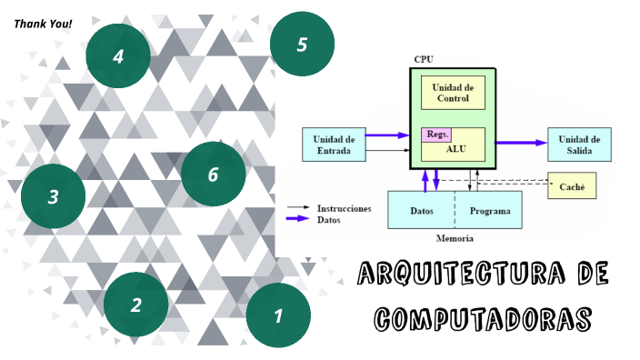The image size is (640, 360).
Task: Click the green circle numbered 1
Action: point(278,315)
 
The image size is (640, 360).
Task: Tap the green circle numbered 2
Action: point(135,305)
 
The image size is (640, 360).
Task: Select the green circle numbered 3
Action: point(53,195)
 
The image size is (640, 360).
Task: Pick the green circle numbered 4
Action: point(117,56)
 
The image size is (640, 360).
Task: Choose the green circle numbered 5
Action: point(302,45)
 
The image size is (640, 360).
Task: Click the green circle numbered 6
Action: point(213,174)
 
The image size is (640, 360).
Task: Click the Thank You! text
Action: point(44,23)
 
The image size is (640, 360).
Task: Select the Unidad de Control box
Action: point(453,93)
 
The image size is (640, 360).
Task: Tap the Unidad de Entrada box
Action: point(334,145)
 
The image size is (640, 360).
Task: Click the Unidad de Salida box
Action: point(579,144)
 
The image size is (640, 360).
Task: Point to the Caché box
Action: point(572,187)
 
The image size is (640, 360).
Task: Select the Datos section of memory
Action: point(421,210)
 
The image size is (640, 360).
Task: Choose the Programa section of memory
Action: point(489,210)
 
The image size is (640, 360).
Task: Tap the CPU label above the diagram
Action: point(424,59)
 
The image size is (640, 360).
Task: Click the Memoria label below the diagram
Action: point(455,238)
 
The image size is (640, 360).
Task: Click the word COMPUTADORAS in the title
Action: point(483,319)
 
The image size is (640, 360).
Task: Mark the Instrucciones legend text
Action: point(344,208)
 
